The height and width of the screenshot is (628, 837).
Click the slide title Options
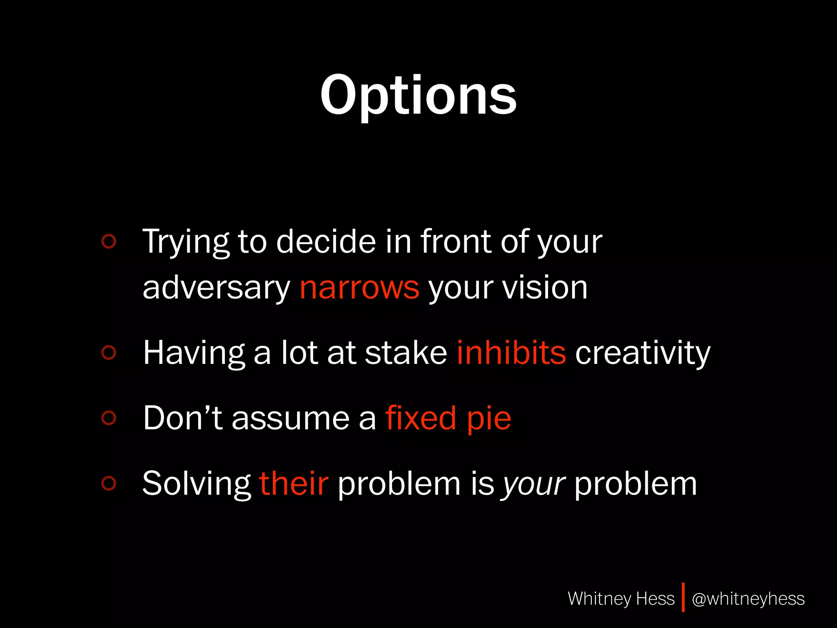click(x=418, y=96)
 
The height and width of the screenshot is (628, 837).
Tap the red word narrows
click(x=359, y=287)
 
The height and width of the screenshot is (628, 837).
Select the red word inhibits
click(x=511, y=352)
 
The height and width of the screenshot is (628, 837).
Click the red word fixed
click(x=421, y=418)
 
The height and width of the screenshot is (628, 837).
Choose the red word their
click(x=293, y=483)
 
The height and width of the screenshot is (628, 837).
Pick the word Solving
click(x=196, y=484)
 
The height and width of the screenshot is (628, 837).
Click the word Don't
click(x=183, y=418)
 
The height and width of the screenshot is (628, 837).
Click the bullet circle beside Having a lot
click(x=109, y=352)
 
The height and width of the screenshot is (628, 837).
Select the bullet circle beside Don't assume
click(x=109, y=417)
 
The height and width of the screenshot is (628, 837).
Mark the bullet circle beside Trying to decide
click(x=109, y=241)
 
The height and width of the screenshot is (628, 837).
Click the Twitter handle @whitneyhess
click(x=748, y=599)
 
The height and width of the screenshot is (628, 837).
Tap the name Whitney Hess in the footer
click(x=621, y=599)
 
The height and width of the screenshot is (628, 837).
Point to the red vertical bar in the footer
click(x=683, y=597)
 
